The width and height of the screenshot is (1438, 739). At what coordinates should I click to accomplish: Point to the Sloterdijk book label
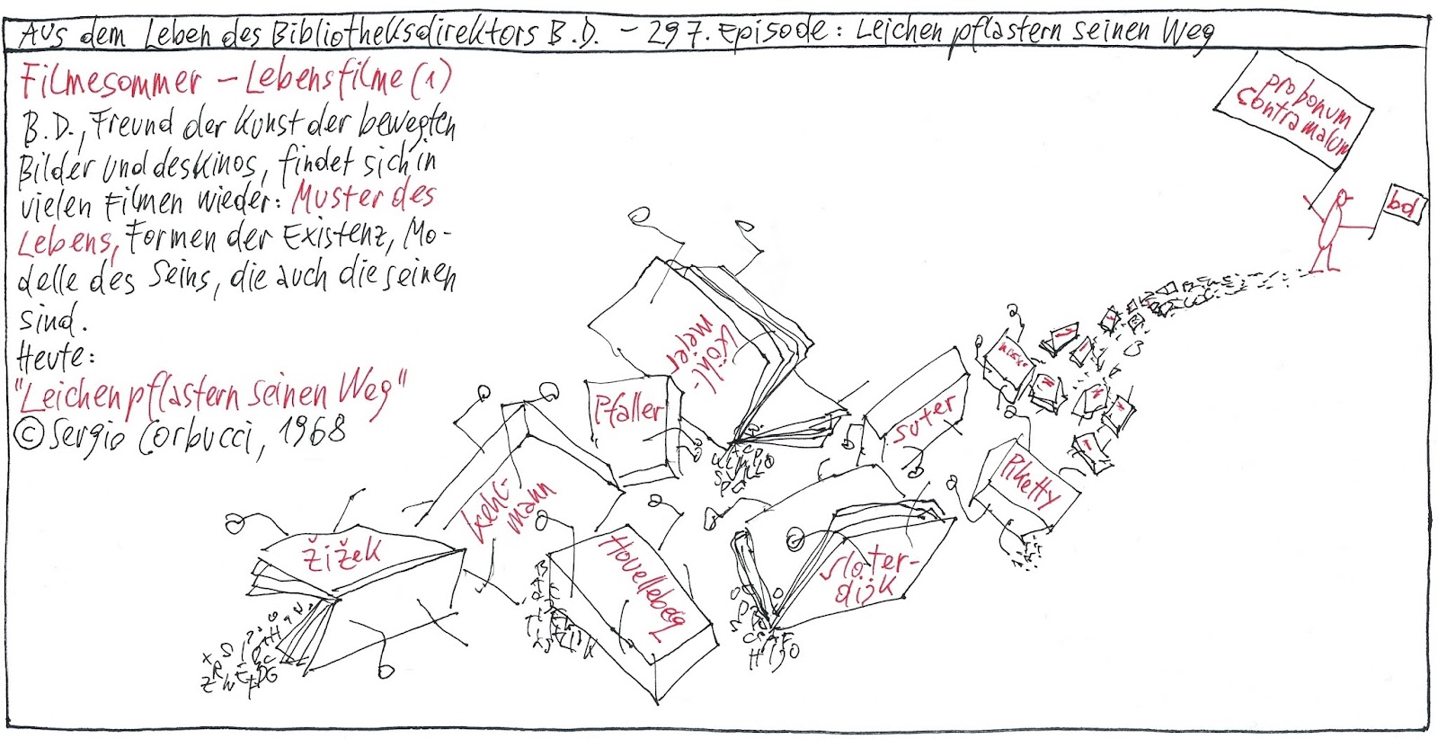pyautogui.click(x=867, y=575)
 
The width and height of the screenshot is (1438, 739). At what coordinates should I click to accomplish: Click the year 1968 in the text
pyautogui.click(x=310, y=432)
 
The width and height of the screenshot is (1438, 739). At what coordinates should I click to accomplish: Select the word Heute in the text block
pyautogui.click(x=54, y=357)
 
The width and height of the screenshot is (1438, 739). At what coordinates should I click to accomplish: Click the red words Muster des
pyautogui.click(x=364, y=198)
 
